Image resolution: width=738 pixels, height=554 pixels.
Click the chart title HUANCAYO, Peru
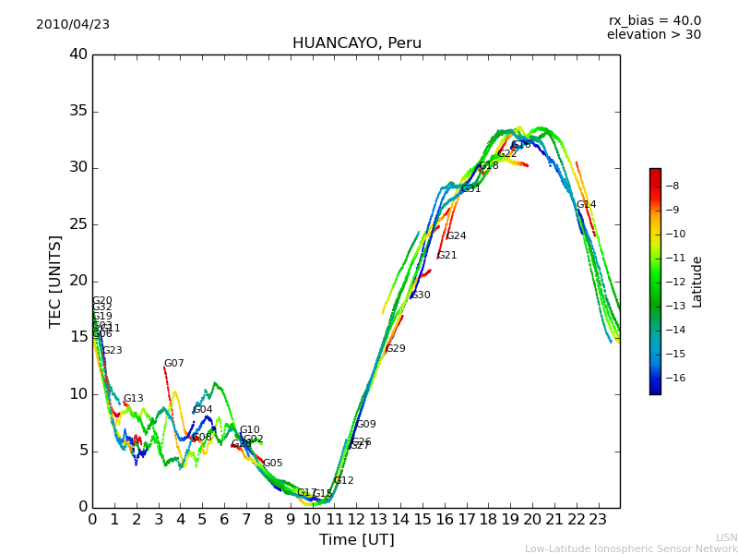pyautogui.click(x=356, y=43)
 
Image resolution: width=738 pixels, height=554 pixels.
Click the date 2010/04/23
pyautogui.click(x=73, y=25)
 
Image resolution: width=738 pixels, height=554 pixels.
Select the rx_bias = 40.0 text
pyautogui.click(x=654, y=21)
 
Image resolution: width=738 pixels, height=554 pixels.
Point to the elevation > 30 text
pyautogui.click(x=654, y=35)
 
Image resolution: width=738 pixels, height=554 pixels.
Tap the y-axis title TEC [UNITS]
pyautogui.click(x=55, y=281)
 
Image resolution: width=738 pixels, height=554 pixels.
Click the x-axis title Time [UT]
pyautogui.click(x=356, y=540)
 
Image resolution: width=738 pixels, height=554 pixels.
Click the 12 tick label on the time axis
pyautogui.click(x=356, y=519)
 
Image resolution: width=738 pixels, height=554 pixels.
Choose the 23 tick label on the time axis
pyautogui.click(x=598, y=519)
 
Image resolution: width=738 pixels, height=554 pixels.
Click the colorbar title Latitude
pyautogui.click(x=697, y=282)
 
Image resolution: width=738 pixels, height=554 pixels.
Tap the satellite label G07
pyautogui.click(x=173, y=364)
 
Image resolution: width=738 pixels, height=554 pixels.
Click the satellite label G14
pyautogui.click(x=586, y=205)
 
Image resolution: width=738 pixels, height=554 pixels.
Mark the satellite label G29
pyautogui.click(x=396, y=349)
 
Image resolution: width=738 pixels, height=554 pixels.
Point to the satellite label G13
pyautogui.click(x=133, y=399)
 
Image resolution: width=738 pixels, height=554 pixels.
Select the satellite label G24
pyautogui.click(x=456, y=236)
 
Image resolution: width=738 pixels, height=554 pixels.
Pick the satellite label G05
pyautogui.click(x=273, y=464)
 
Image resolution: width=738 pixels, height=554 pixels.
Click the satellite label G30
pyautogui.click(x=421, y=295)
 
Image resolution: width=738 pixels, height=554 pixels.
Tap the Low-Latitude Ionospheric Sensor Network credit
pyautogui.click(x=631, y=548)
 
